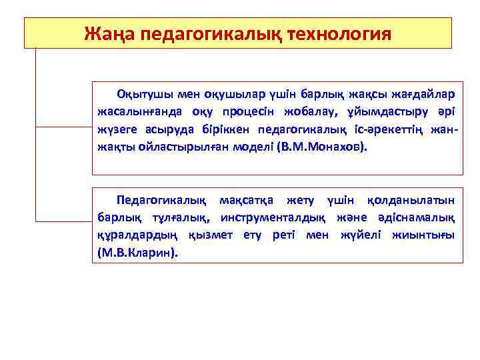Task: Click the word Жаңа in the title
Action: pos(108,33)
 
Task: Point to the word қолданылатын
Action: pos(411,201)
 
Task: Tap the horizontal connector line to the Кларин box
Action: pos(63,220)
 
